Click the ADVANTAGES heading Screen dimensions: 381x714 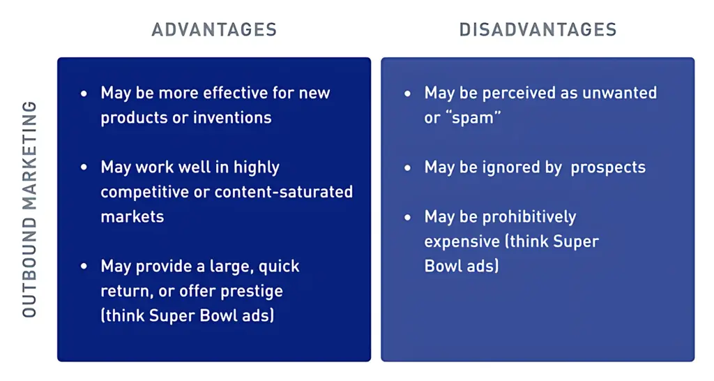pyautogui.click(x=214, y=29)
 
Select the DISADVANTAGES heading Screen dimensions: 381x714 pyautogui.click(x=538, y=29)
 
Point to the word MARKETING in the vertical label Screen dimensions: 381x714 pyautogui.click(x=29, y=155)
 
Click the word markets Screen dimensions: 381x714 pyautogui.click(x=132, y=216)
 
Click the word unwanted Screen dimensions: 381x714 pyautogui.click(x=623, y=93)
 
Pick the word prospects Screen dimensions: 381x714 pyautogui.click(x=608, y=167)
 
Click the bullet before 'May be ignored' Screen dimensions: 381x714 pyautogui.click(x=409, y=167)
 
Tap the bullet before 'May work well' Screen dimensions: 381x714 pyautogui.click(x=85, y=167)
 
